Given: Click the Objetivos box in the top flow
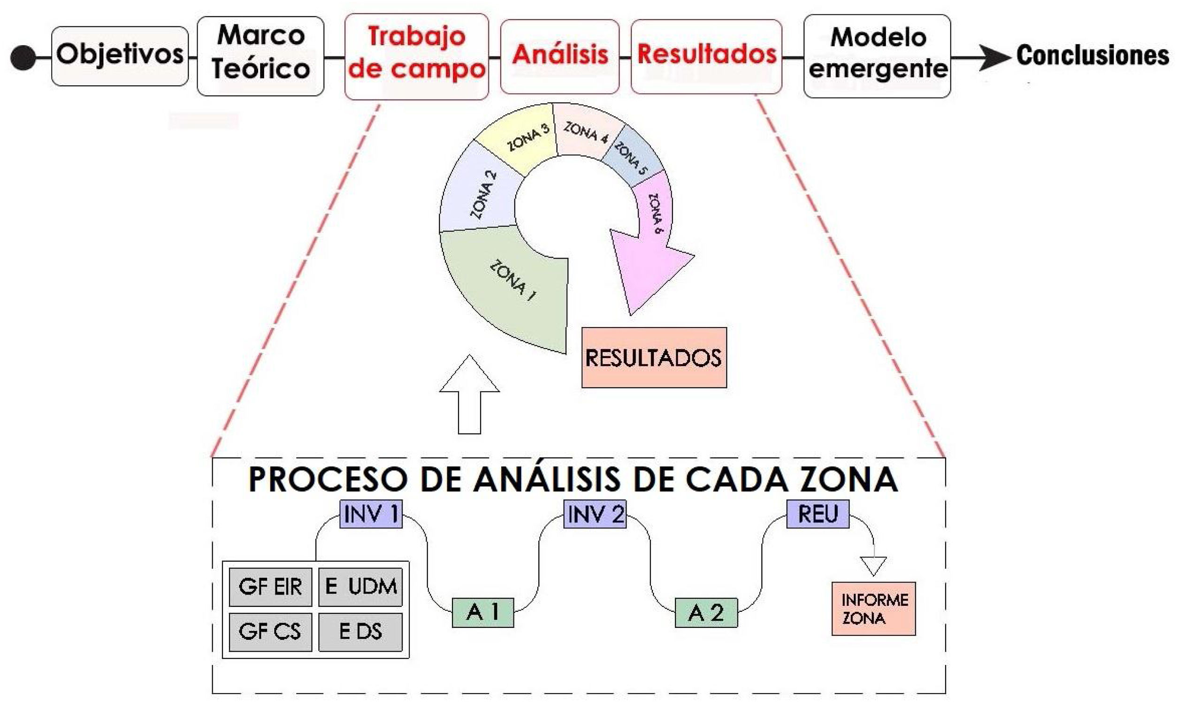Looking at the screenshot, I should click(x=120, y=56).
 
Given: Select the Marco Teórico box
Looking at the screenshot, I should click(x=260, y=56).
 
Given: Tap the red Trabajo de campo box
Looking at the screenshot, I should click(x=416, y=56).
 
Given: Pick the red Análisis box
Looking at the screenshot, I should click(x=560, y=56).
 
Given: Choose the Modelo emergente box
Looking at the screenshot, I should click(x=877, y=56).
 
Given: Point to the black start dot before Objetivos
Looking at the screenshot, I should click(x=23, y=58).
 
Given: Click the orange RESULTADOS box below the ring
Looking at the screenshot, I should click(x=654, y=358).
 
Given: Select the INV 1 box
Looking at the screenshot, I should click(x=371, y=514).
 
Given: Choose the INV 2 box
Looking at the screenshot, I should click(x=595, y=514).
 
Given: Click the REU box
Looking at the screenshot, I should click(x=818, y=514).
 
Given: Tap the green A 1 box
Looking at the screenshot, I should click(x=482, y=612).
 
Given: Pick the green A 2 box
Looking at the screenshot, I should click(x=706, y=612).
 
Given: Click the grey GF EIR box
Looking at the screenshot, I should click(x=270, y=587).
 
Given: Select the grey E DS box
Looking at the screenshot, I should click(x=360, y=632).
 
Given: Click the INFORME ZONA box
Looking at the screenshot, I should click(x=873, y=609).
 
